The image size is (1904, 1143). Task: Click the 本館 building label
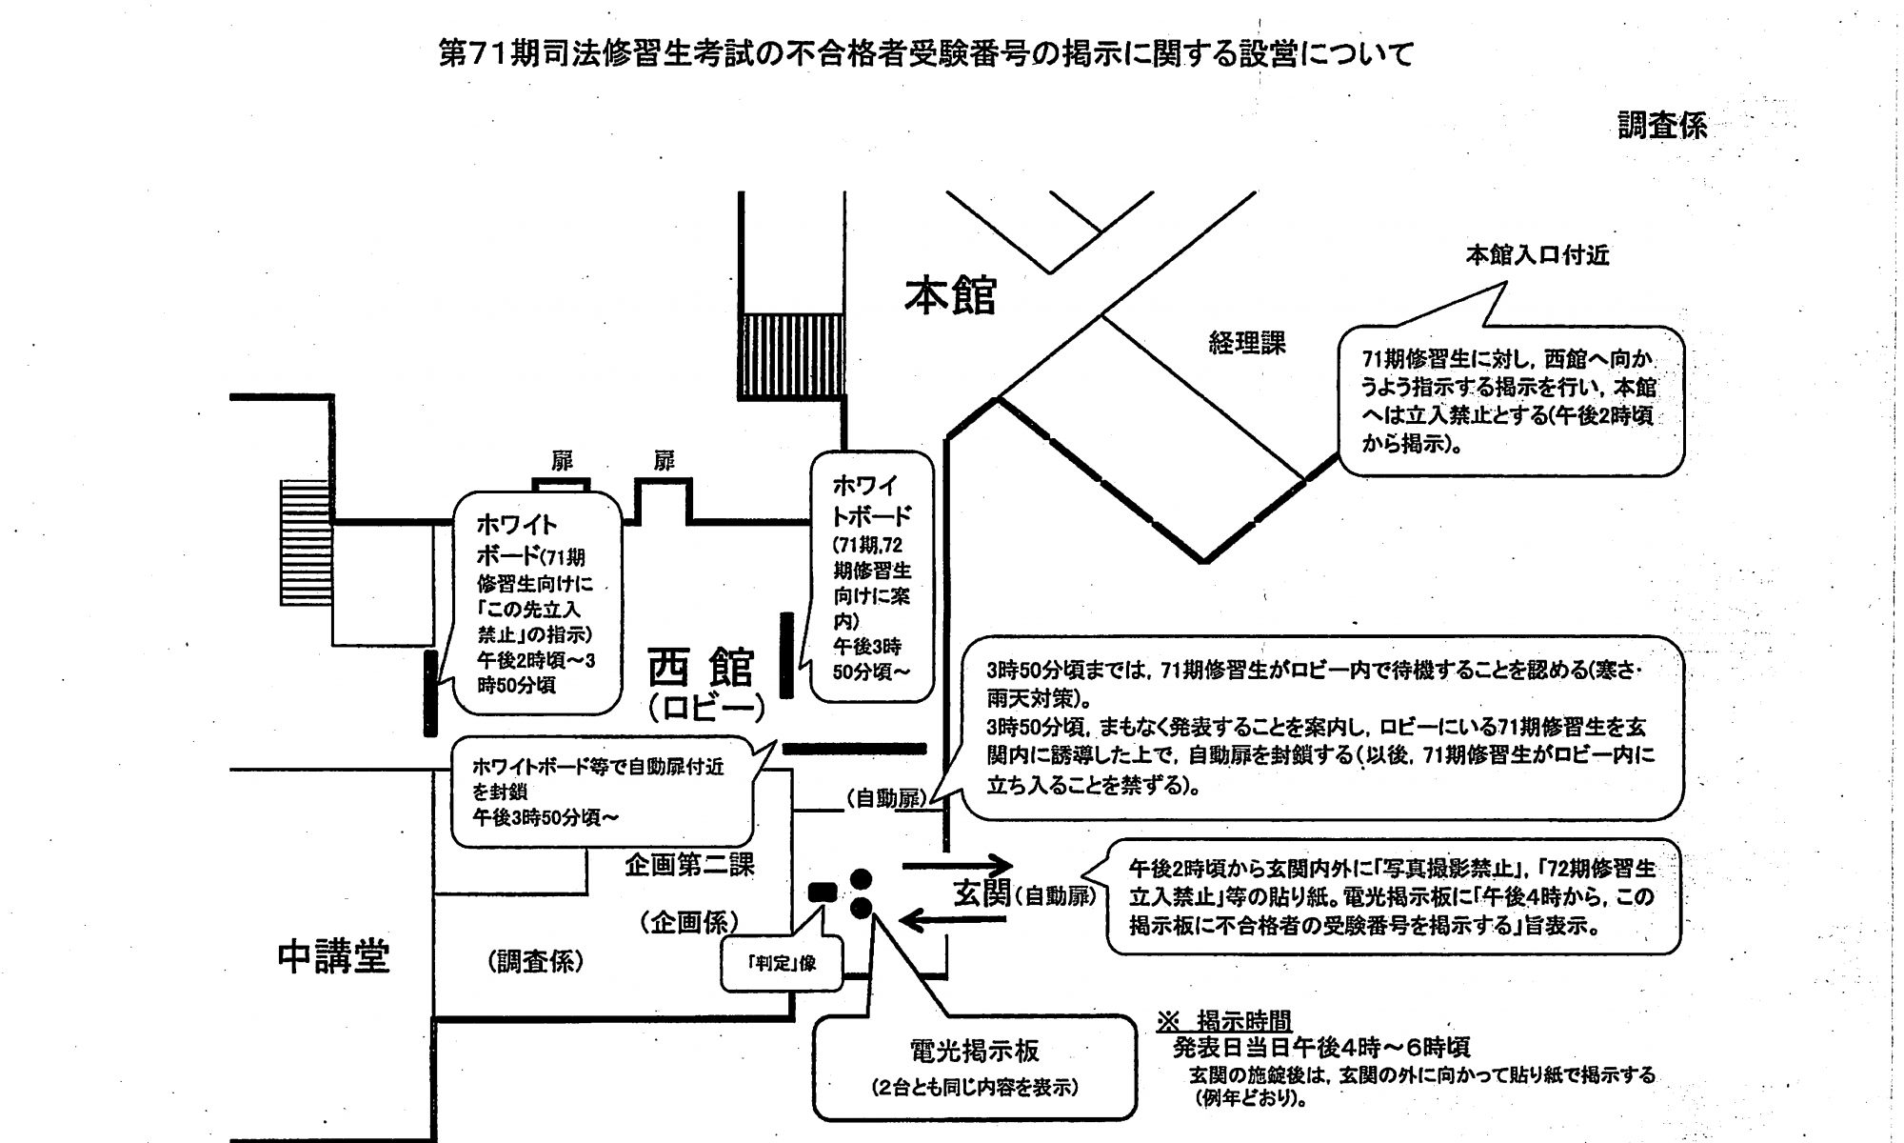(x=950, y=295)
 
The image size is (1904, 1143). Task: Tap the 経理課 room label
(x=1247, y=343)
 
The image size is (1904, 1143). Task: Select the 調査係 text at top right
(x=1662, y=126)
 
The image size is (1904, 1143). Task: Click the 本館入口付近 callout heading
(x=1537, y=255)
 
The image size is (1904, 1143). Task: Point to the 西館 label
(x=702, y=667)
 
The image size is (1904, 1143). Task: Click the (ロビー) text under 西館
(x=705, y=709)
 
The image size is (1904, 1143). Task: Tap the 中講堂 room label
(x=334, y=956)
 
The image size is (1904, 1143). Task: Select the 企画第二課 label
(x=689, y=865)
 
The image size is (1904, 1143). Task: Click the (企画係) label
(x=688, y=922)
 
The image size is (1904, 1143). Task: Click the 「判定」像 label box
(x=782, y=963)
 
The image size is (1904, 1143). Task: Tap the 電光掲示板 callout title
(x=974, y=1052)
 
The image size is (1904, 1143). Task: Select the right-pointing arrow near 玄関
(x=956, y=866)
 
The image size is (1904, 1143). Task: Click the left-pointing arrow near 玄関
(x=954, y=920)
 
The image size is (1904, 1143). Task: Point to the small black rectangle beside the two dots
(x=822, y=892)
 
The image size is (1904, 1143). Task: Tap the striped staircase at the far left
(x=305, y=542)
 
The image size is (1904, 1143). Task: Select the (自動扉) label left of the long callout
(x=884, y=799)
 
